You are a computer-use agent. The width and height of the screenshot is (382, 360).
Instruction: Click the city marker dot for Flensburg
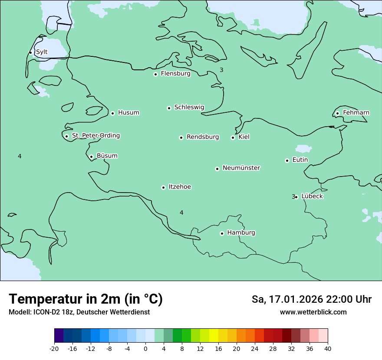[155, 74]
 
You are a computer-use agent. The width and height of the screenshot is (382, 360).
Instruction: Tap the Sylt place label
[42, 52]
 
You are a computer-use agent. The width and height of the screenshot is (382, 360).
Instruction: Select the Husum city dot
[112, 113]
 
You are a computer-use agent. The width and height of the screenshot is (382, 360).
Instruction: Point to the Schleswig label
[189, 107]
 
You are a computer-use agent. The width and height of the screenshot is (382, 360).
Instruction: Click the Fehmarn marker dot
[337, 114]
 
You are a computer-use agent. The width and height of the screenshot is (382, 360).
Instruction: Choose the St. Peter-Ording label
[95, 136]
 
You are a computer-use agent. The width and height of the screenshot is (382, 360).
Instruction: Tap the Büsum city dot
[91, 157]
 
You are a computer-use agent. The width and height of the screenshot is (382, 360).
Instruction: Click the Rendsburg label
[203, 137]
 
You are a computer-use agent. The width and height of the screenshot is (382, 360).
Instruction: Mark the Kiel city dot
[233, 137]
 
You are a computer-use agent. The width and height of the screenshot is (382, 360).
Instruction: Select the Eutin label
[300, 160]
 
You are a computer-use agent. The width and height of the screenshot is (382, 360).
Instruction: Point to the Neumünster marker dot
[217, 169]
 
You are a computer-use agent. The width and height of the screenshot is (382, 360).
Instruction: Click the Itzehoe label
[180, 187]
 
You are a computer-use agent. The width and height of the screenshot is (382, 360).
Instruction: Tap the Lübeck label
[312, 196]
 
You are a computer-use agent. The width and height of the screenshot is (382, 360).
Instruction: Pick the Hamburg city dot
[222, 233]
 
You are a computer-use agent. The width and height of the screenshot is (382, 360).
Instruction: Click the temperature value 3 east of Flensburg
[221, 70]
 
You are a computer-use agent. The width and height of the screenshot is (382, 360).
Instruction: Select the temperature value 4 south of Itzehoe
[181, 213]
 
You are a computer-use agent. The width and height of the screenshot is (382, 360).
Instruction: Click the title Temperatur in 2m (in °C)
[86, 299]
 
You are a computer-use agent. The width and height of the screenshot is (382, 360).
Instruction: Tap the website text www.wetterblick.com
[313, 312]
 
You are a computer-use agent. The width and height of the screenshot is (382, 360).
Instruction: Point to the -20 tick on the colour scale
[54, 348]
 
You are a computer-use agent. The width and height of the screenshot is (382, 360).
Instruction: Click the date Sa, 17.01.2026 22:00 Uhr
[311, 299]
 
